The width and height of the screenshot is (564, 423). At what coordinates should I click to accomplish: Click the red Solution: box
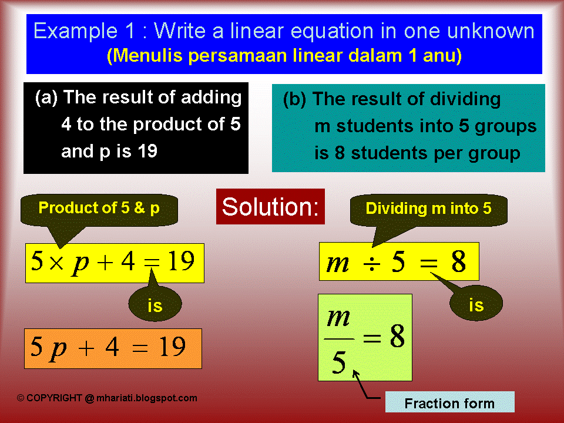tap(270, 206)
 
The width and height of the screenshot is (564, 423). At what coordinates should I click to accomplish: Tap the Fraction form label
tap(449, 403)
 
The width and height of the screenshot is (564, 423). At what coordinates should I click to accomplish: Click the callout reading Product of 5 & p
tap(99, 208)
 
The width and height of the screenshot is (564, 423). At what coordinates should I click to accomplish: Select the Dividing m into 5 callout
tap(428, 209)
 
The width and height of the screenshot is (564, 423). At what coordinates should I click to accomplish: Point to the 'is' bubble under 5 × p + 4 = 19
tap(155, 305)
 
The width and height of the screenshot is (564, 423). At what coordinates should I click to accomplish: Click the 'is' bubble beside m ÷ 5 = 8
tap(476, 305)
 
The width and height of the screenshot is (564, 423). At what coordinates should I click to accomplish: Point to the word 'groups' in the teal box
tap(508, 126)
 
